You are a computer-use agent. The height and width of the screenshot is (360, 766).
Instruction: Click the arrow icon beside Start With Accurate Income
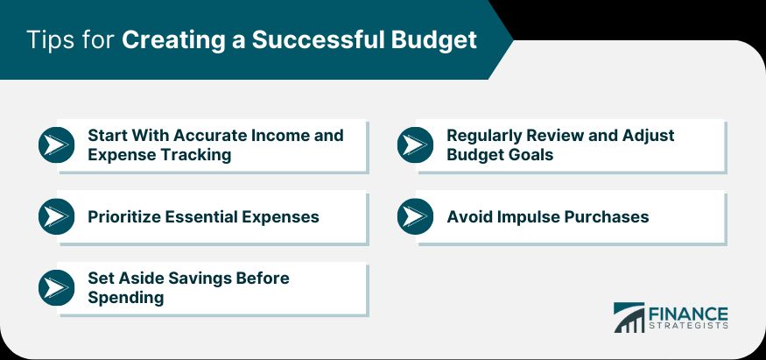[x=57, y=145]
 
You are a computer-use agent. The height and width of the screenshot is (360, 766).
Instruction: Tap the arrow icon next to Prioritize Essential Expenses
[x=57, y=216]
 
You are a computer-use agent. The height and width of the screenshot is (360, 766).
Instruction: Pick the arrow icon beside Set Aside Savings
[x=57, y=287]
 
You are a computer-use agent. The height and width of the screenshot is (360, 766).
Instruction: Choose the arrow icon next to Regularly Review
[x=416, y=145]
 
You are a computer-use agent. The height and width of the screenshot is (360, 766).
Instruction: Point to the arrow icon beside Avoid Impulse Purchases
[x=416, y=216]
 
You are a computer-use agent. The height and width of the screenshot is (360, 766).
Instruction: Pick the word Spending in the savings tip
[x=126, y=298]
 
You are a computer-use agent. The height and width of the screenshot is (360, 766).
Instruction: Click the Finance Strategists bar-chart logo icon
[x=629, y=317]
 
